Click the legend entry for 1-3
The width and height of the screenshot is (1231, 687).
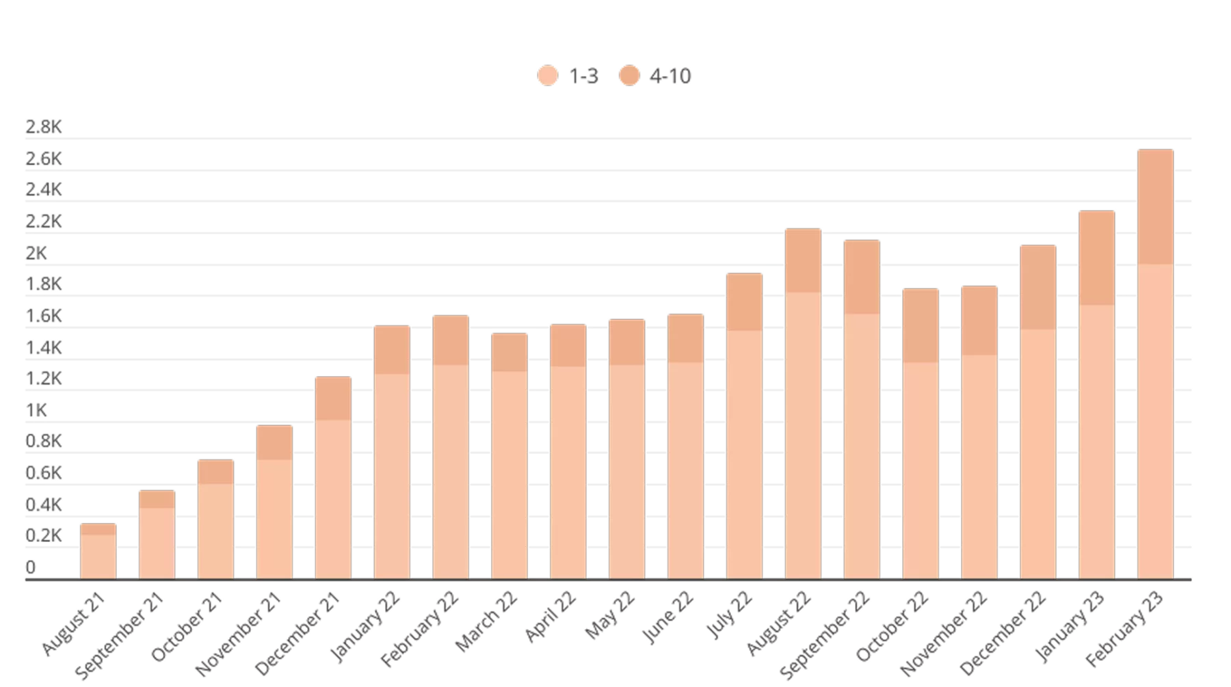(x=567, y=76)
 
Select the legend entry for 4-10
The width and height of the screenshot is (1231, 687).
(x=655, y=76)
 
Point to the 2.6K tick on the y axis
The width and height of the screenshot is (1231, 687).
(x=44, y=159)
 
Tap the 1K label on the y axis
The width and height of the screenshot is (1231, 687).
(x=37, y=410)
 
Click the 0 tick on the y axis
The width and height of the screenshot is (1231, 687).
(x=31, y=567)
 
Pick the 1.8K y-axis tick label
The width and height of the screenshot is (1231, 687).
(x=44, y=284)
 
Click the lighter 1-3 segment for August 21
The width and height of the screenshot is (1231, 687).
(x=98, y=555)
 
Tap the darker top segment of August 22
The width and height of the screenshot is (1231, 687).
(x=803, y=260)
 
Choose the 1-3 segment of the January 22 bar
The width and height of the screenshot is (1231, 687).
(x=392, y=475)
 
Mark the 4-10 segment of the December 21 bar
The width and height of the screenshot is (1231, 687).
(x=333, y=397)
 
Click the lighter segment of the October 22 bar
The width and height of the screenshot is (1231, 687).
(x=921, y=470)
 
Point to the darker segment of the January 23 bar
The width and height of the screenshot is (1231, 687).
(x=1096, y=257)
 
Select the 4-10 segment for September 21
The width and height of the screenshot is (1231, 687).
(x=157, y=498)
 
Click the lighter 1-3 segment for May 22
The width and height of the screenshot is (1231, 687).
(x=627, y=472)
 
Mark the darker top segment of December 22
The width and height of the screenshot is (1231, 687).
(x=1037, y=286)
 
